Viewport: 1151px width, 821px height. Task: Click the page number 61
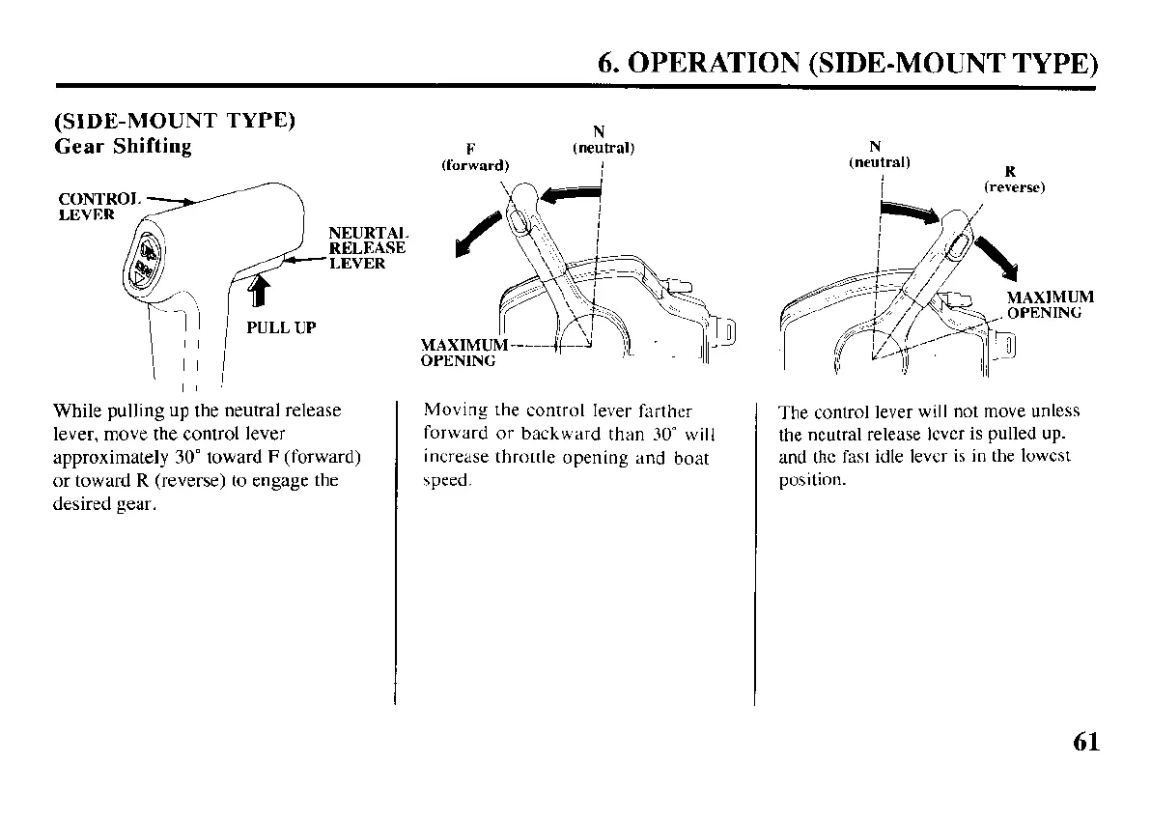(x=1084, y=741)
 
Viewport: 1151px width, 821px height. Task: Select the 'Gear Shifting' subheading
(x=123, y=147)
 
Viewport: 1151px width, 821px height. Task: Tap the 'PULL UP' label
(x=281, y=327)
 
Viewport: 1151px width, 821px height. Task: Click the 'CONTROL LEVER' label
(x=98, y=206)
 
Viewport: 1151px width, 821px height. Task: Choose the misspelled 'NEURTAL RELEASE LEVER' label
(x=367, y=248)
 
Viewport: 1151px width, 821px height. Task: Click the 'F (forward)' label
(x=473, y=156)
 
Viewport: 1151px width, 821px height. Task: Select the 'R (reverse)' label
(x=1013, y=181)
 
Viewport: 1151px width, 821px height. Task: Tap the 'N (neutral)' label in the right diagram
(x=879, y=155)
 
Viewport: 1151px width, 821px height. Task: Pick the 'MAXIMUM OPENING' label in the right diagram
(x=1050, y=304)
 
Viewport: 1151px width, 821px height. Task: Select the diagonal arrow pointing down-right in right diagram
(x=998, y=254)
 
